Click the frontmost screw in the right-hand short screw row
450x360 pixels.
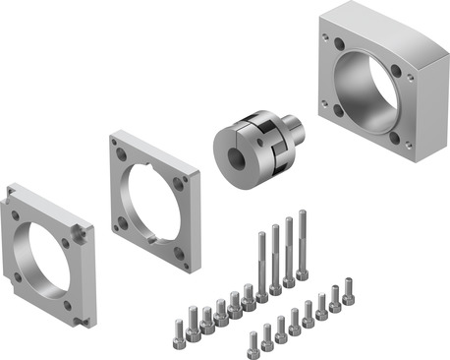[x=253, y=342]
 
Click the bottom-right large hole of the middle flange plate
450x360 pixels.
[x=180, y=252]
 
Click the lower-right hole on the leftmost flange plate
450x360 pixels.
[x=80, y=304]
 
